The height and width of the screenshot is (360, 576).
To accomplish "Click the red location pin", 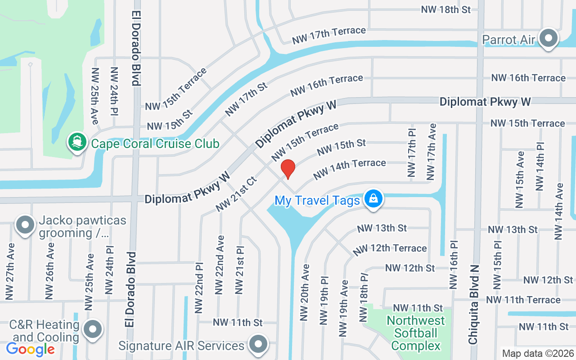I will pyautogui.click(x=288, y=169).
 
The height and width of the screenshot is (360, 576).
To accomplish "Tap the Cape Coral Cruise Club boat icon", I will pyautogui.click(x=77, y=142).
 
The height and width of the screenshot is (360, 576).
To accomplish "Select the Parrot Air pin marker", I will pyautogui.click(x=549, y=39).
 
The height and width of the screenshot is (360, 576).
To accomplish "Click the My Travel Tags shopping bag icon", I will pyautogui.click(x=373, y=198).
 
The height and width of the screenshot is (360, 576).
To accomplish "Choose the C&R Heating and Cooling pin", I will pyautogui.click(x=93, y=329).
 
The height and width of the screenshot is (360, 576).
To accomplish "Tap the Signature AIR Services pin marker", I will pyautogui.click(x=258, y=344).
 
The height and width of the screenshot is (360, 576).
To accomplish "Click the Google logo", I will pyautogui.click(x=30, y=349).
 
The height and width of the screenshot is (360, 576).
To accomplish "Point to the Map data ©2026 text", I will pyautogui.click(x=537, y=353).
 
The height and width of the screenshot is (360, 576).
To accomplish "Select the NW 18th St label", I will pyautogui.click(x=446, y=9).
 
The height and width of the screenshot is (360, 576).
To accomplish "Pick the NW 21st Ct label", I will pyautogui.click(x=236, y=194).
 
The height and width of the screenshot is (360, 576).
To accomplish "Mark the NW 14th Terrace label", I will pyautogui.click(x=349, y=169).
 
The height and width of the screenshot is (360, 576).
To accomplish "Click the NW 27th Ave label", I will pyautogui.click(x=10, y=272).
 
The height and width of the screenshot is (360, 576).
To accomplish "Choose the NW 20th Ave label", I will pyautogui.click(x=305, y=292).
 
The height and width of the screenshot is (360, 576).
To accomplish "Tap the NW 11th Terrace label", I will pyautogui.click(x=523, y=300).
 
